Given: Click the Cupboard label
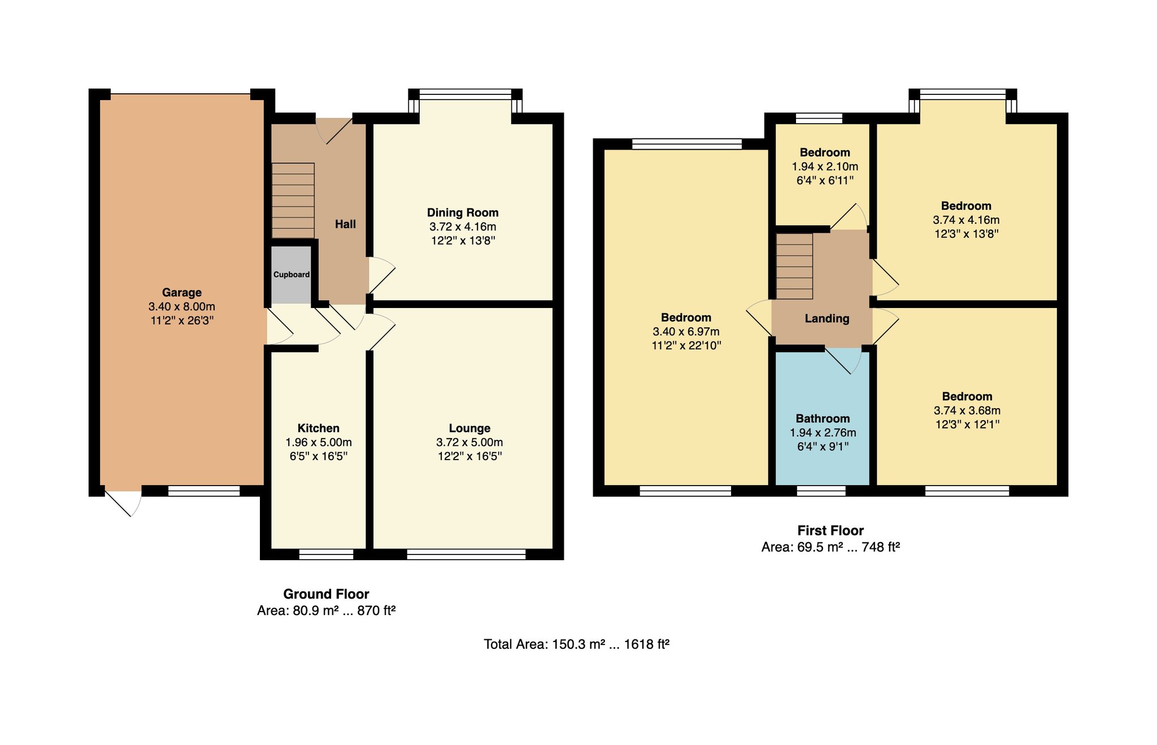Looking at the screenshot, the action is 292,275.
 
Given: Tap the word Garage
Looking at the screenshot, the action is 182,292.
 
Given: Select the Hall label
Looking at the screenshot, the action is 345,224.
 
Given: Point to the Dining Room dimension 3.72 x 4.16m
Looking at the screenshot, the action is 463,227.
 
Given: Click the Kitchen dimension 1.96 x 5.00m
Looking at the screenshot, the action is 319,442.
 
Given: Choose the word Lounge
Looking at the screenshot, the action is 469,428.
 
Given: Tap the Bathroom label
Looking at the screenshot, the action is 823,418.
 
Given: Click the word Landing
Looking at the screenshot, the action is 827,318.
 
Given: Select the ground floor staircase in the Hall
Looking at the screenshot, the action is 293,201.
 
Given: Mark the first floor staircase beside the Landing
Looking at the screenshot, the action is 794,266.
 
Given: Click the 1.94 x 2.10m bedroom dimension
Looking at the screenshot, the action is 825,166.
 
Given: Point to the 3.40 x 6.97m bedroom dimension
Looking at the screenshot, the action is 686,331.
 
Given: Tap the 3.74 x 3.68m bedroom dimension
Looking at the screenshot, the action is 967,410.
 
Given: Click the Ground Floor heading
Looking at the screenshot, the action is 326,594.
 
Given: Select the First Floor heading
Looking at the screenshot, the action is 830,530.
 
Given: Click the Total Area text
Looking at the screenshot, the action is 576,644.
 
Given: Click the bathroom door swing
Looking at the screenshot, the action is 843,360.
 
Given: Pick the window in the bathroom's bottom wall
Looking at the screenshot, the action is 821,491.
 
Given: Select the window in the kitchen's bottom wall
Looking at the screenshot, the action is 326,554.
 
